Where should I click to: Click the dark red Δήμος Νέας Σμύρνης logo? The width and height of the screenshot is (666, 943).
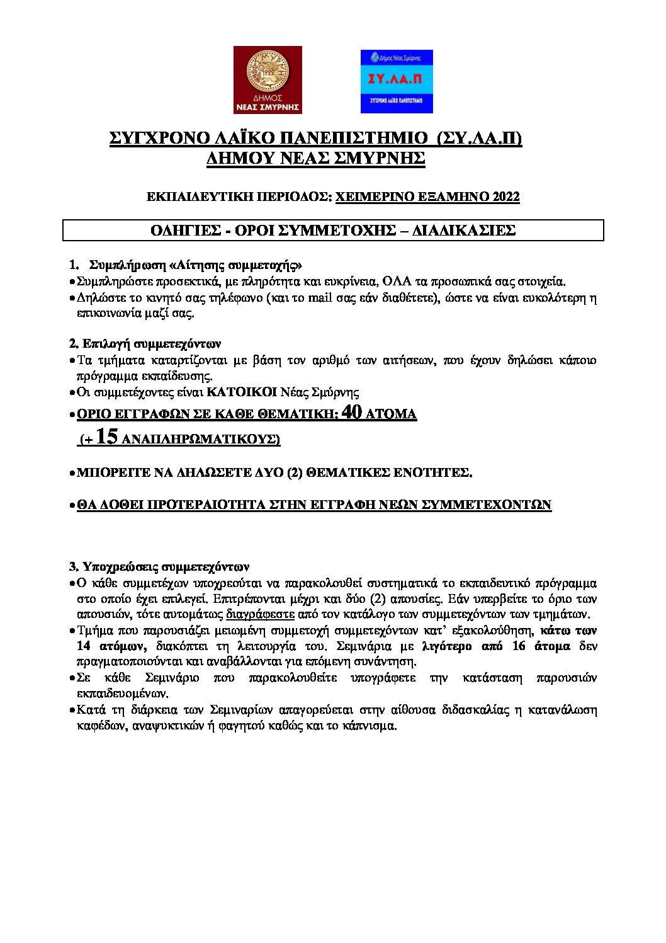pos(268,79)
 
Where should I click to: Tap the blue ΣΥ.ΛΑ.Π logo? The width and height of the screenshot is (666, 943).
pos(397,82)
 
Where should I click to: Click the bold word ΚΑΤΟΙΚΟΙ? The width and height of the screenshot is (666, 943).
pos(242,392)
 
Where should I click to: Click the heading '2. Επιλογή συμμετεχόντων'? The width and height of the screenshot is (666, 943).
pos(144,344)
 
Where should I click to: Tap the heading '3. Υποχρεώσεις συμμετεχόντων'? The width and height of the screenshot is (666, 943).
pos(159,566)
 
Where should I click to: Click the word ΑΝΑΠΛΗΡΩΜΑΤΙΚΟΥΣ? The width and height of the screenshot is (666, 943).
pos(200,439)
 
